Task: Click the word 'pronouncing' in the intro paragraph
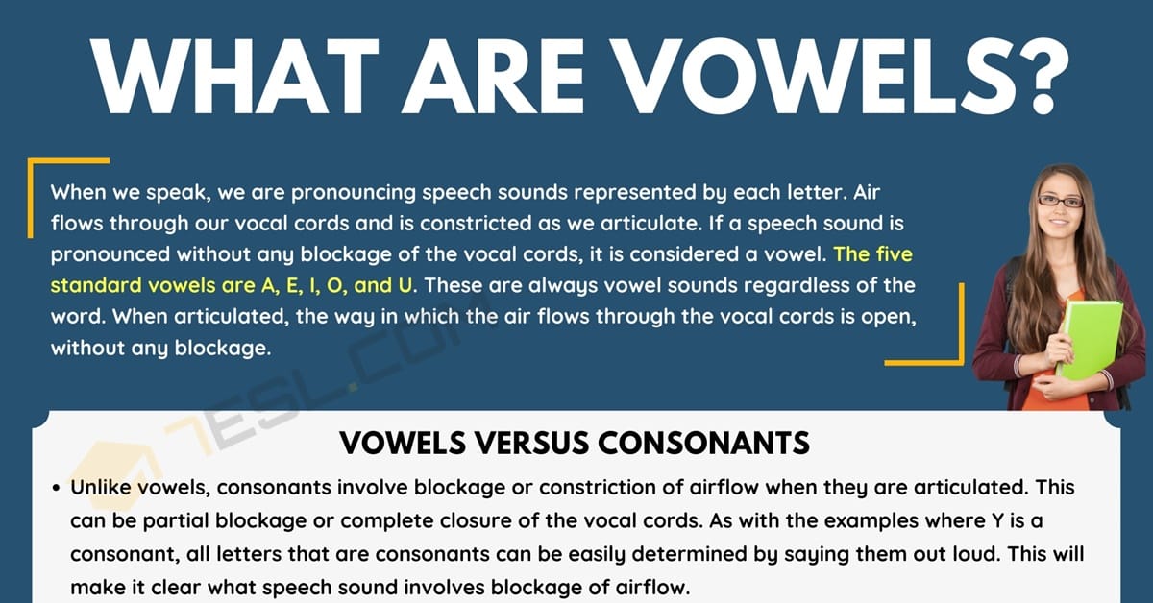354,193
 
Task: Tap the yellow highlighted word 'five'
895,254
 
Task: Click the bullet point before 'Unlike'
57,488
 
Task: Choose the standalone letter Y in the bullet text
997,520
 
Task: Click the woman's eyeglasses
1061,201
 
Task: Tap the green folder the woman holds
1090,340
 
